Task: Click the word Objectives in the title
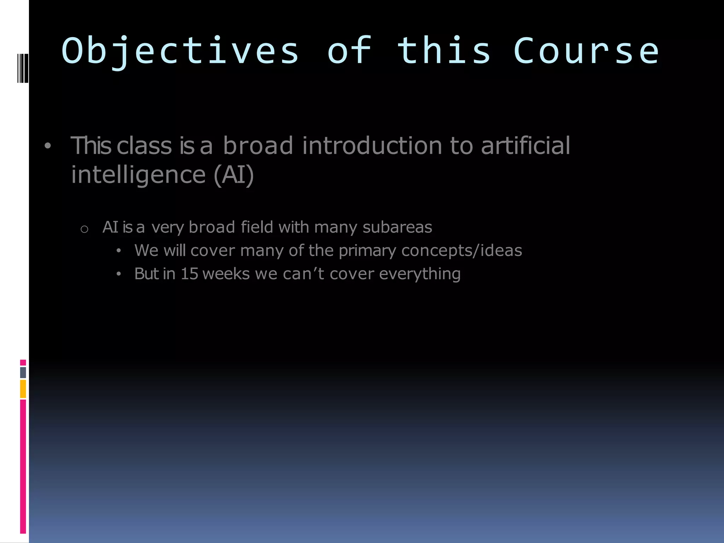(180, 52)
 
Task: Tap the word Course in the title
(586, 52)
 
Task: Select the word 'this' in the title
(444, 52)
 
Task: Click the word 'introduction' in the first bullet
(372, 146)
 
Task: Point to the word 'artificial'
(525, 146)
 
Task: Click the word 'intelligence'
(138, 175)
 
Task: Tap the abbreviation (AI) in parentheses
(234, 175)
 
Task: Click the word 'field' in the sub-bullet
(257, 227)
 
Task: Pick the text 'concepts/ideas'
(462, 251)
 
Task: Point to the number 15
(189, 274)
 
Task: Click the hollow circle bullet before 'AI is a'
(84, 229)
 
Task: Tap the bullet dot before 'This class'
(48, 146)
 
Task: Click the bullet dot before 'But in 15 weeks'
(119, 274)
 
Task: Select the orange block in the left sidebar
(23, 389)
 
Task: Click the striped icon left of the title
(23, 68)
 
